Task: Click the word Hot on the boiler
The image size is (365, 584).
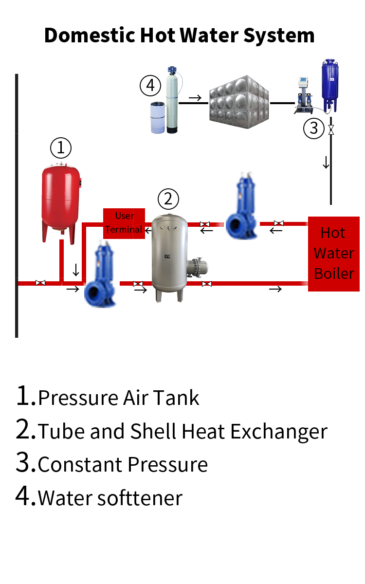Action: [333, 233]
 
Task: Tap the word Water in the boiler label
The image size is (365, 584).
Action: [334, 253]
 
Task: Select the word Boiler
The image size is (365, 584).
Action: [334, 274]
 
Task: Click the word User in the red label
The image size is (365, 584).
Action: [125, 216]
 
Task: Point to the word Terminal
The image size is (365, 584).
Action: [124, 229]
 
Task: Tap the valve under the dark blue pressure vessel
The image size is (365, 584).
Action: [331, 130]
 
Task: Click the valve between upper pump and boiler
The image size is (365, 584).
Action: [278, 224]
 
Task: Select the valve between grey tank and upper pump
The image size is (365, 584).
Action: [204, 225]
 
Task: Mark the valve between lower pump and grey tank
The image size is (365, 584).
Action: [138, 284]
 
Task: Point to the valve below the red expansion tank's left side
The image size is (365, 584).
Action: [40, 283]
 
